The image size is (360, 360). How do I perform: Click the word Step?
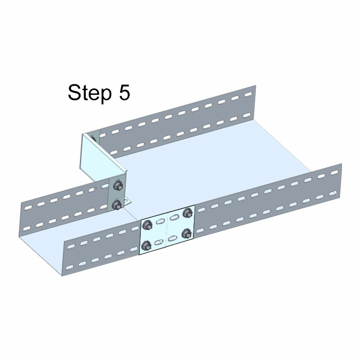(x=89, y=93)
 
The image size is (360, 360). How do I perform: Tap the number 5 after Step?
(x=124, y=92)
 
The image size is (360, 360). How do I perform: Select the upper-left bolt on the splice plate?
(x=147, y=225)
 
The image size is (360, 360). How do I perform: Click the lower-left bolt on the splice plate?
(x=146, y=246)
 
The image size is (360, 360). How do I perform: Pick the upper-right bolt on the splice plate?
(x=187, y=213)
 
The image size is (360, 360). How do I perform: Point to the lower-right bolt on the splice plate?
(x=187, y=233)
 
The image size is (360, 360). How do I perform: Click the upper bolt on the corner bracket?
(x=118, y=185)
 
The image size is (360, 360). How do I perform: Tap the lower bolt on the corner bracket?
(x=117, y=204)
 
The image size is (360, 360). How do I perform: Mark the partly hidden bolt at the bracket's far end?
(x=93, y=138)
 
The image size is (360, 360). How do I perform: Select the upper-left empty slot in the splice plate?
(x=159, y=221)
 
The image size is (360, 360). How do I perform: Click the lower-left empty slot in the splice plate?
(x=158, y=242)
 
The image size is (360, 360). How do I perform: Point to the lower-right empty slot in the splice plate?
(x=173, y=238)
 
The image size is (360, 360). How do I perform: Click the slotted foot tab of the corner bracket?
(x=127, y=202)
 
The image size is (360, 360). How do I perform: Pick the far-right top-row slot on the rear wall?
(x=248, y=94)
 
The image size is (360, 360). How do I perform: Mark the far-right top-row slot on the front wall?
(x=334, y=173)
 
